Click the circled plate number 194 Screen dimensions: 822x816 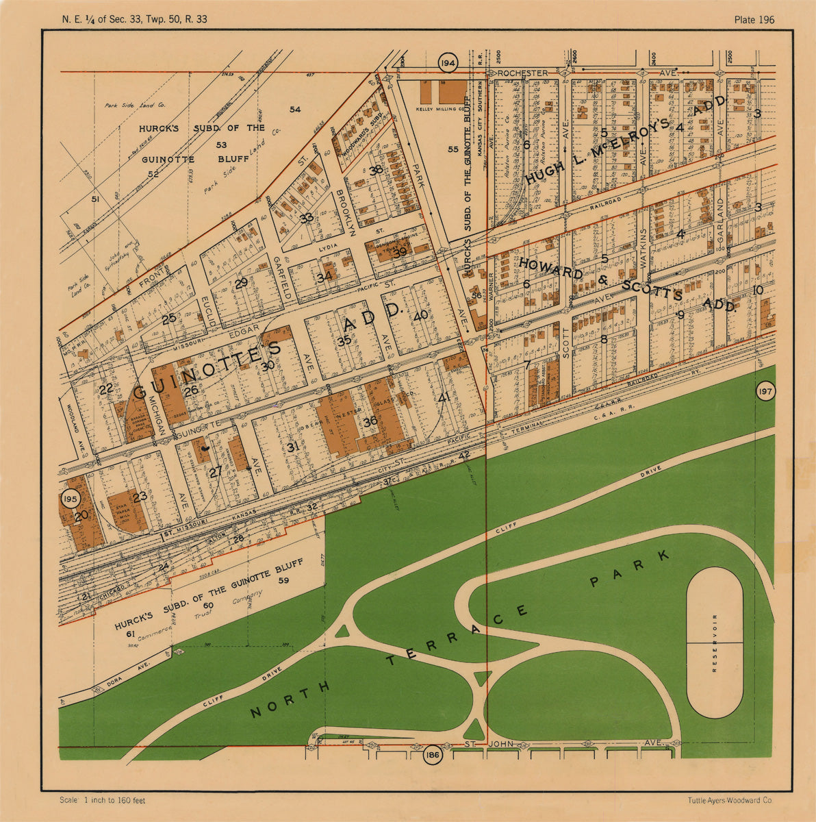tap(448, 63)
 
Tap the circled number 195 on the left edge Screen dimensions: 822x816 tap(70, 499)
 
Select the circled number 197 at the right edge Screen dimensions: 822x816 tap(765, 392)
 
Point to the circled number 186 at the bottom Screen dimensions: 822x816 tap(432, 756)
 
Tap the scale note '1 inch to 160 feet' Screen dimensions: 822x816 tap(103, 800)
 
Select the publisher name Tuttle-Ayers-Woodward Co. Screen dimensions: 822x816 tap(730, 800)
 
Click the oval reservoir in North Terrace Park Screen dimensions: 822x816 tap(714, 643)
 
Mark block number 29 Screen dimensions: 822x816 tap(241, 283)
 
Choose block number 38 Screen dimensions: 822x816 tap(375, 171)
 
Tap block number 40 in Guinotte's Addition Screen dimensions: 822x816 tap(420, 316)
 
